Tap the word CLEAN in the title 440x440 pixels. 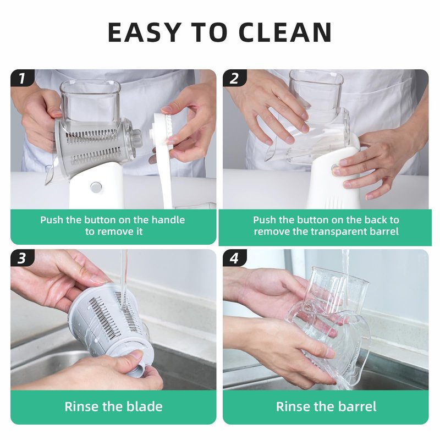click(285, 32)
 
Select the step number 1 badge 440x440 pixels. click(22, 78)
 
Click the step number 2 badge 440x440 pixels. click(235, 78)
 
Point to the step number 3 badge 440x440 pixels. click(22, 258)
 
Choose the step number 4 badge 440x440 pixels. click(235, 258)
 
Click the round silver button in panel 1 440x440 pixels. click(96, 186)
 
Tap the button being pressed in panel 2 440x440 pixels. click(334, 168)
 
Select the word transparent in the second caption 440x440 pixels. click(339, 232)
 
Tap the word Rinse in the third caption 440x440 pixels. click(81, 406)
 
